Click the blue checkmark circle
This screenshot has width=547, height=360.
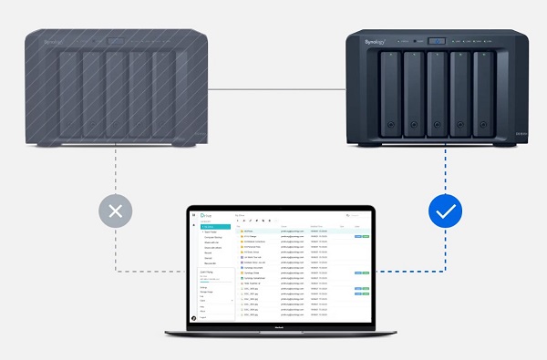coord(446,214)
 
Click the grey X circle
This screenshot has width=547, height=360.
coord(116,214)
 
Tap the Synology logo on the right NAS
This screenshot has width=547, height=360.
coord(375,41)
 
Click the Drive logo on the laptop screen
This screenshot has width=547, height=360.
coord(207,216)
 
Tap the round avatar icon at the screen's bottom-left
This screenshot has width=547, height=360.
coord(193,317)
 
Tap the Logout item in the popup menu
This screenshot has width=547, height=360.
coord(204,317)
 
